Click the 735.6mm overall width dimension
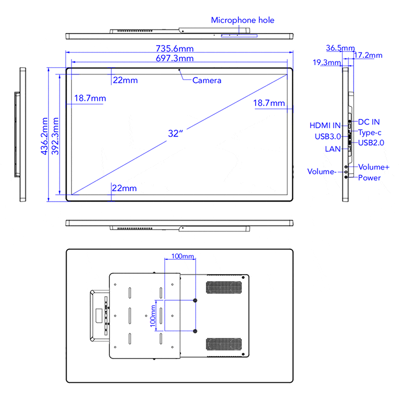click(179, 48)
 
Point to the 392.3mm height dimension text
click(56, 135)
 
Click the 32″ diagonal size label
click(175, 133)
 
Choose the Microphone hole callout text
click(243, 20)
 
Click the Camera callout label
click(207, 80)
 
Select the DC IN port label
click(369, 122)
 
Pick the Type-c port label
click(370, 132)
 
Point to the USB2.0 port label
click(371, 142)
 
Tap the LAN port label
click(333, 149)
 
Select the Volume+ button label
click(374, 167)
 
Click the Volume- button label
click(322, 172)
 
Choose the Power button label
click(370, 178)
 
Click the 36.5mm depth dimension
click(340, 48)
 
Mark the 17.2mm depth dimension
click(368, 55)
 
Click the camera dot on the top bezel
click(180, 69)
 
